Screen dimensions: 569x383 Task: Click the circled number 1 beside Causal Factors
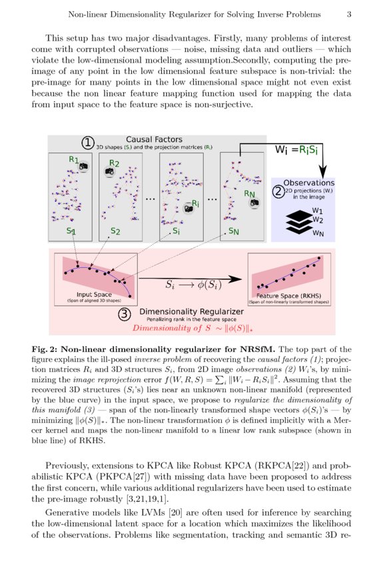87,142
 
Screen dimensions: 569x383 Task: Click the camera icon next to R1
84,169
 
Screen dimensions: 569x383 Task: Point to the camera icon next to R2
109,172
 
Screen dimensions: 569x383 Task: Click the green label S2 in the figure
115,232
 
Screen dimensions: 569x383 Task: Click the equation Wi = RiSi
299,150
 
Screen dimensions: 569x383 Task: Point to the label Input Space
93,294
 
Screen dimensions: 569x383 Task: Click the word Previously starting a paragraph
69,466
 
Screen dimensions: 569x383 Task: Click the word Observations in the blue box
308,183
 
